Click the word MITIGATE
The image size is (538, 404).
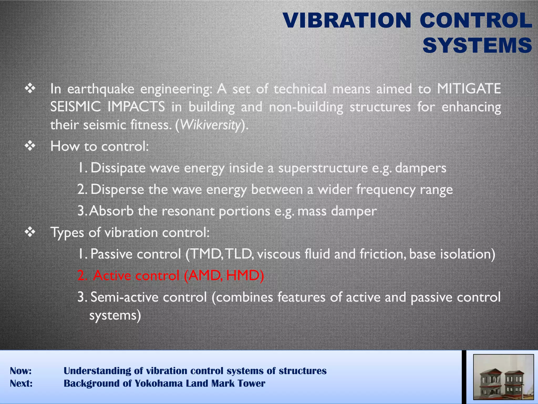click(x=469, y=89)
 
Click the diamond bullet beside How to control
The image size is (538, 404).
click(x=30, y=146)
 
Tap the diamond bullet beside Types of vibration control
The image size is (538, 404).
click(x=30, y=233)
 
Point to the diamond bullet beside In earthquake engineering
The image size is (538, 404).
click(x=30, y=89)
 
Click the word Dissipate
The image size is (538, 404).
click(x=118, y=168)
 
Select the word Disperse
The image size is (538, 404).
click(x=117, y=189)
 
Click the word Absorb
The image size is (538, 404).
click(x=111, y=211)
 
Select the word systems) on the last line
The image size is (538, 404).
click(x=115, y=315)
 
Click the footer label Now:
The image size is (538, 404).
click(x=21, y=371)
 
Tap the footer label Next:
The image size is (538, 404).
click(x=21, y=383)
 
